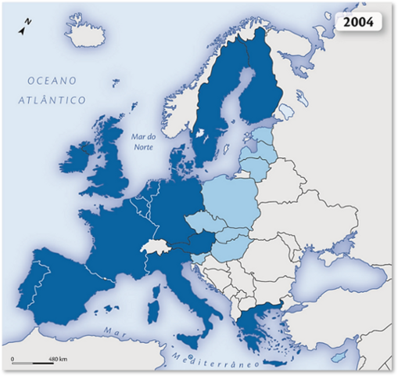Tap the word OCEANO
click(x=52, y=81)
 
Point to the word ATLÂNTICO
click(x=52, y=100)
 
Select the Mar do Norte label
click(x=144, y=141)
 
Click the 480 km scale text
click(x=57, y=359)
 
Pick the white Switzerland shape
click(x=156, y=247)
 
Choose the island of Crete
click(x=273, y=363)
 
